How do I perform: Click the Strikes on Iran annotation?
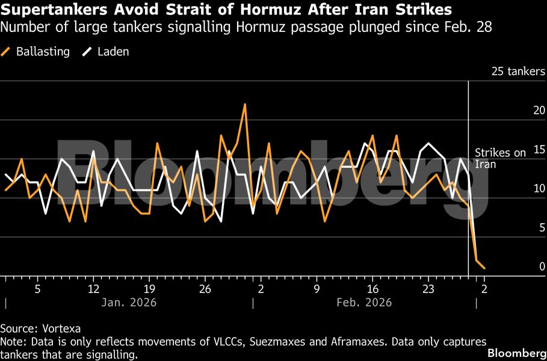pyautogui.click(x=501, y=158)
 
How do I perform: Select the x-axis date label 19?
pyautogui.click(x=149, y=288)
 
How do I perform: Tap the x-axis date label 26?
pyautogui.click(x=205, y=288)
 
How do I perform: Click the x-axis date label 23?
pyautogui.click(x=428, y=288)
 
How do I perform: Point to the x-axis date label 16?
pyautogui.click(x=372, y=288)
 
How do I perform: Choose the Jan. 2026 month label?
pyautogui.click(x=130, y=302)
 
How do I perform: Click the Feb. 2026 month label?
pyautogui.click(x=365, y=302)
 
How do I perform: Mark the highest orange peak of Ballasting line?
pyautogui.click(x=245, y=105)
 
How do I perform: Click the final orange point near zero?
pyautogui.click(x=484, y=268)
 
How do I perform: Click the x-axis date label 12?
pyautogui.click(x=93, y=288)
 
